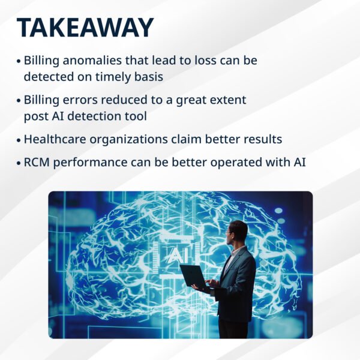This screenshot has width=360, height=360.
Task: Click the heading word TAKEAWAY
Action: coord(85,28)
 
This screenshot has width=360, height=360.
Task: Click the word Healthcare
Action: coord(55,139)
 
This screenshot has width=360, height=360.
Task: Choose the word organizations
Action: coord(128,140)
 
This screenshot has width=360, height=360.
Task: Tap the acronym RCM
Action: coord(37,163)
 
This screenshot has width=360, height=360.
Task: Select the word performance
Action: coord(90,163)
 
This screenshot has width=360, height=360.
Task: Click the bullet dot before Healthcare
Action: coord(19,140)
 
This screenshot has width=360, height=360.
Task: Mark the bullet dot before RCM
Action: coord(19,163)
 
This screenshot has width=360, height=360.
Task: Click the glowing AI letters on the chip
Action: coord(179,255)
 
